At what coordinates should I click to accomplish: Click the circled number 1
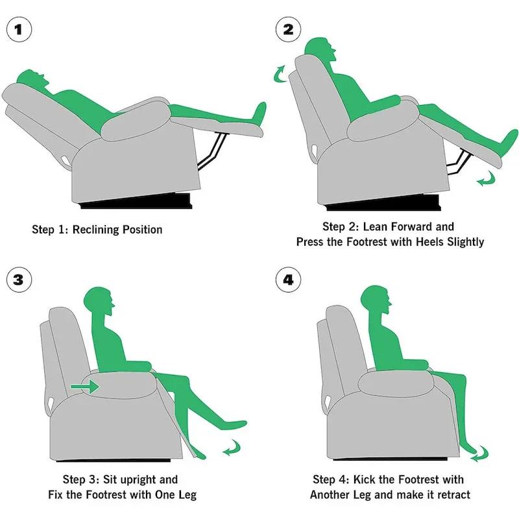[x=21, y=30]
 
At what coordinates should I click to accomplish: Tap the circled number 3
[x=21, y=280]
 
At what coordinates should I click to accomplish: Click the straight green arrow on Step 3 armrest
[x=85, y=387]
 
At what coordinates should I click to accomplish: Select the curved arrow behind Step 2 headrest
[x=279, y=73]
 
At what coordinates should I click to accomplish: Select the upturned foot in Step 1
[x=259, y=114]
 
